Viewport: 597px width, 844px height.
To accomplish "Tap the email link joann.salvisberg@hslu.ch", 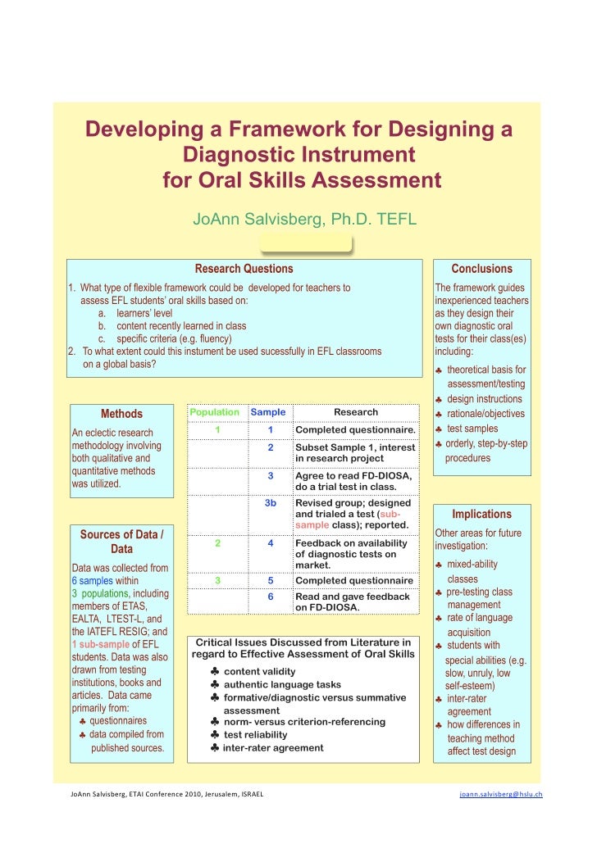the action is point(500,794).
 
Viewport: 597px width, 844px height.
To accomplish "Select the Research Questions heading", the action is point(244,269).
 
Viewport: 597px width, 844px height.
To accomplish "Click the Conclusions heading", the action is point(481,269).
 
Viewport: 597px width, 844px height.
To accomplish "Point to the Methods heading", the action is point(121,414).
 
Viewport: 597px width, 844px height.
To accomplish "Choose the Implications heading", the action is point(481,514).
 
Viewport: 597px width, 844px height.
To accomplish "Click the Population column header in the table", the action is point(215,412).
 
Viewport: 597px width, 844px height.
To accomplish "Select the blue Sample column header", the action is point(268,412).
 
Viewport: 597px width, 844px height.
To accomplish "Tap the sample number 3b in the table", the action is point(270,502).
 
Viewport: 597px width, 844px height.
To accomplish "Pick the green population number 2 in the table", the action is point(216,542).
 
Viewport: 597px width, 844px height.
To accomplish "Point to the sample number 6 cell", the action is point(270,597).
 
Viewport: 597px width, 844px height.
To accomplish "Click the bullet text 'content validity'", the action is point(259,671).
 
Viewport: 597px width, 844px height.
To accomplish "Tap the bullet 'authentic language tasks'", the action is point(282,684).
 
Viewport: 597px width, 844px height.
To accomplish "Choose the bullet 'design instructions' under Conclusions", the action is point(484,399).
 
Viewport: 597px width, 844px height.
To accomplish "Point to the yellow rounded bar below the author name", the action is point(305,244).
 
